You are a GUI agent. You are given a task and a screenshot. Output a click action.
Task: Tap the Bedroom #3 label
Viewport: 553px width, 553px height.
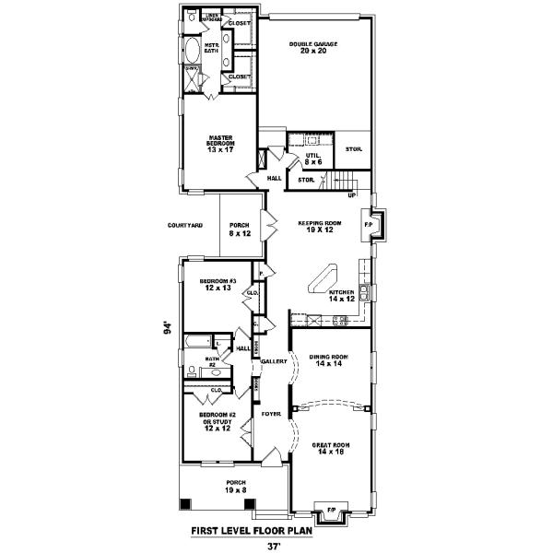[x=220, y=284]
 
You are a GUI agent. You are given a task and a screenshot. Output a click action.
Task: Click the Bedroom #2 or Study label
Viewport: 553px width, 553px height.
[x=219, y=421]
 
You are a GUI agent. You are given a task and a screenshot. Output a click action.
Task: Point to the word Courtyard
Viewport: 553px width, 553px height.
[x=185, y=225]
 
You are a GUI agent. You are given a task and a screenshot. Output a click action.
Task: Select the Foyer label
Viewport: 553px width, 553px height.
[x=271, y=414]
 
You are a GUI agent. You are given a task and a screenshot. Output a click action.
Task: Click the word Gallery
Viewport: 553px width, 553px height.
[x=274, y=361]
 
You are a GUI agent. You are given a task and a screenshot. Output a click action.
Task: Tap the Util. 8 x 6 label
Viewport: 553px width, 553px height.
[x=313, y=159]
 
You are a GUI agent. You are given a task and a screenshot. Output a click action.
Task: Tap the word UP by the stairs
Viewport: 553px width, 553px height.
[x=351, y=195]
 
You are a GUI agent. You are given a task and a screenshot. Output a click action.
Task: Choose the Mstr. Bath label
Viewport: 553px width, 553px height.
[x=210, y=46]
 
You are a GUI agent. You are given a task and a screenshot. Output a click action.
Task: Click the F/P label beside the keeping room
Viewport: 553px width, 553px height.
[x=369, y=225]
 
